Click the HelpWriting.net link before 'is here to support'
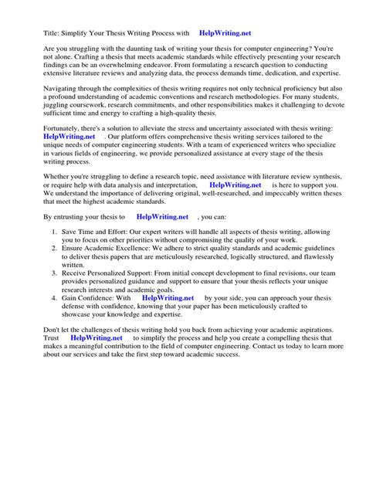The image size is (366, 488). pyautogui.click(x=236, y=186)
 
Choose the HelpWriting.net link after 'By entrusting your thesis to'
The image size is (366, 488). pyautogui.click(x=163, y=219)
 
